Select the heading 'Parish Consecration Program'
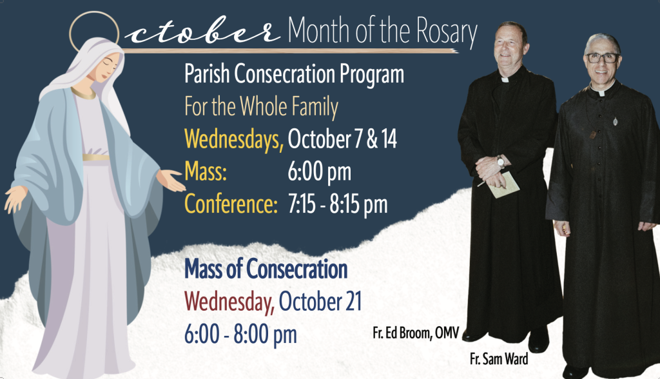tap(294, 74)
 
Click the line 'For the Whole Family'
tap(262, 106)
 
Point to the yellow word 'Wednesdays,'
tap(234, 139)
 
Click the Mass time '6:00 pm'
tap(320, 172)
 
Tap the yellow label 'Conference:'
tap(231, 204)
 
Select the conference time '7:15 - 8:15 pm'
tap(338, 204)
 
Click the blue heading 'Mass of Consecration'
tap(266, 269)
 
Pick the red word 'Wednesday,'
tap(229, 302)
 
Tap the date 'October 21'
tap(320, 302)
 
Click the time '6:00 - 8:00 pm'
tap(240, 335)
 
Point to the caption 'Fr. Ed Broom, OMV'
tap(416, 333)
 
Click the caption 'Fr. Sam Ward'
tap(499, 359)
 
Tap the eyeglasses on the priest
tap(603, 58)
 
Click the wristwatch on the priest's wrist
tap(500, 162)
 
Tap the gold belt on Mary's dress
tap(95, 158)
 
